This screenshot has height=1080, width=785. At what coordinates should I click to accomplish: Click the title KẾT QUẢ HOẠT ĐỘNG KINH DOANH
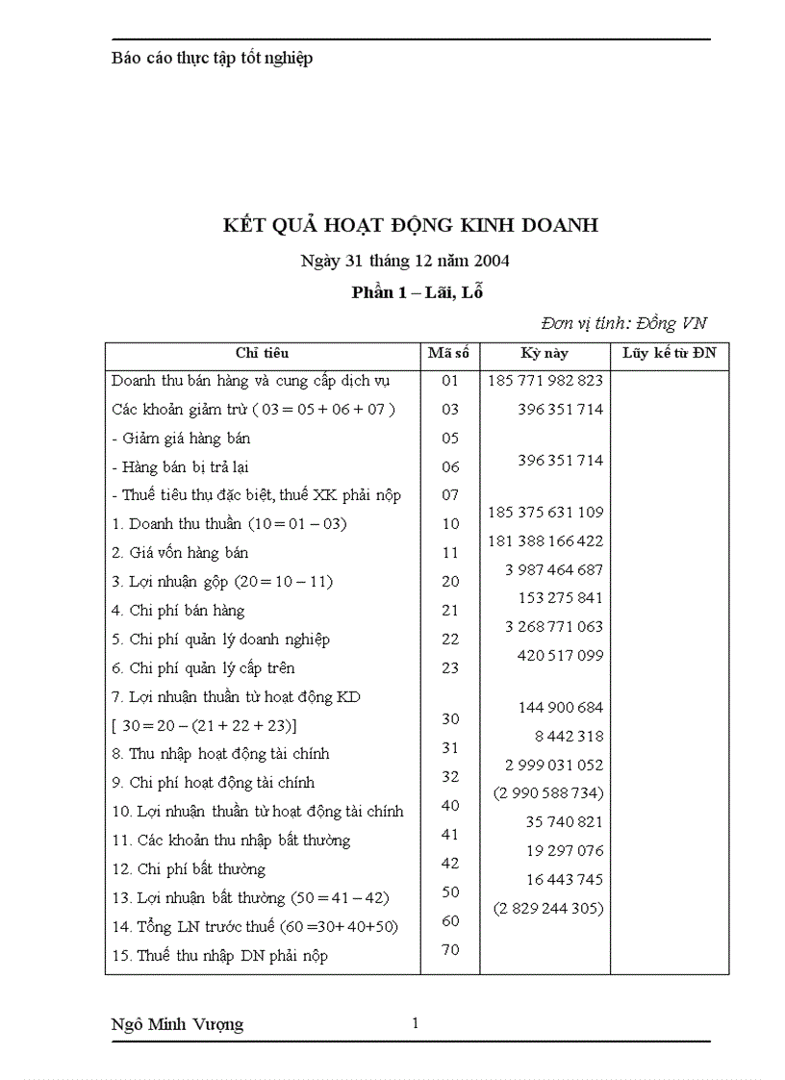410,225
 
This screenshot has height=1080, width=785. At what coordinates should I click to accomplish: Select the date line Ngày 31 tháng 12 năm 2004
405,261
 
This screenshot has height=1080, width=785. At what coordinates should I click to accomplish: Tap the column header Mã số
449,354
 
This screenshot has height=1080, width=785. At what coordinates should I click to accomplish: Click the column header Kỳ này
544,354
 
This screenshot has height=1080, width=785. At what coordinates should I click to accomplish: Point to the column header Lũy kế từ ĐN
669,354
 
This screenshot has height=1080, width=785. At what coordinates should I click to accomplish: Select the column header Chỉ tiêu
262,354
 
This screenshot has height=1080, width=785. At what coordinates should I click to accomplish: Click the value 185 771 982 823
545,380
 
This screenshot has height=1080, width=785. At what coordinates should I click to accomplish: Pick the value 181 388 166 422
545,541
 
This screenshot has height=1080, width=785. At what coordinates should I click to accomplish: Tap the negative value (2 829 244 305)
548,908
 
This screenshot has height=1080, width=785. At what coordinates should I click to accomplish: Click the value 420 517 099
560,656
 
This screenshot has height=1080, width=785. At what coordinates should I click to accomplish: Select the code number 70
450,950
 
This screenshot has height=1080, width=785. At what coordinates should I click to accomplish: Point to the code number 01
450,381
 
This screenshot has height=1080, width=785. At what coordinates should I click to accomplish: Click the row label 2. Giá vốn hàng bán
180,553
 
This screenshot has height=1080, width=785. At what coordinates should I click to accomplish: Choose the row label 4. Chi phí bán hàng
178,611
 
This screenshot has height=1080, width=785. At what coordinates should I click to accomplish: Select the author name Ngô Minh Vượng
178,1024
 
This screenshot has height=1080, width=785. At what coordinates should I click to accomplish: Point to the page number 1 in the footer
415,1023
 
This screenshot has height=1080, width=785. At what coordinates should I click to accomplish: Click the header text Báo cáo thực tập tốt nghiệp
212,59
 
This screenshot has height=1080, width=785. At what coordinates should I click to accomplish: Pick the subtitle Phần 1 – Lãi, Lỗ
417,293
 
